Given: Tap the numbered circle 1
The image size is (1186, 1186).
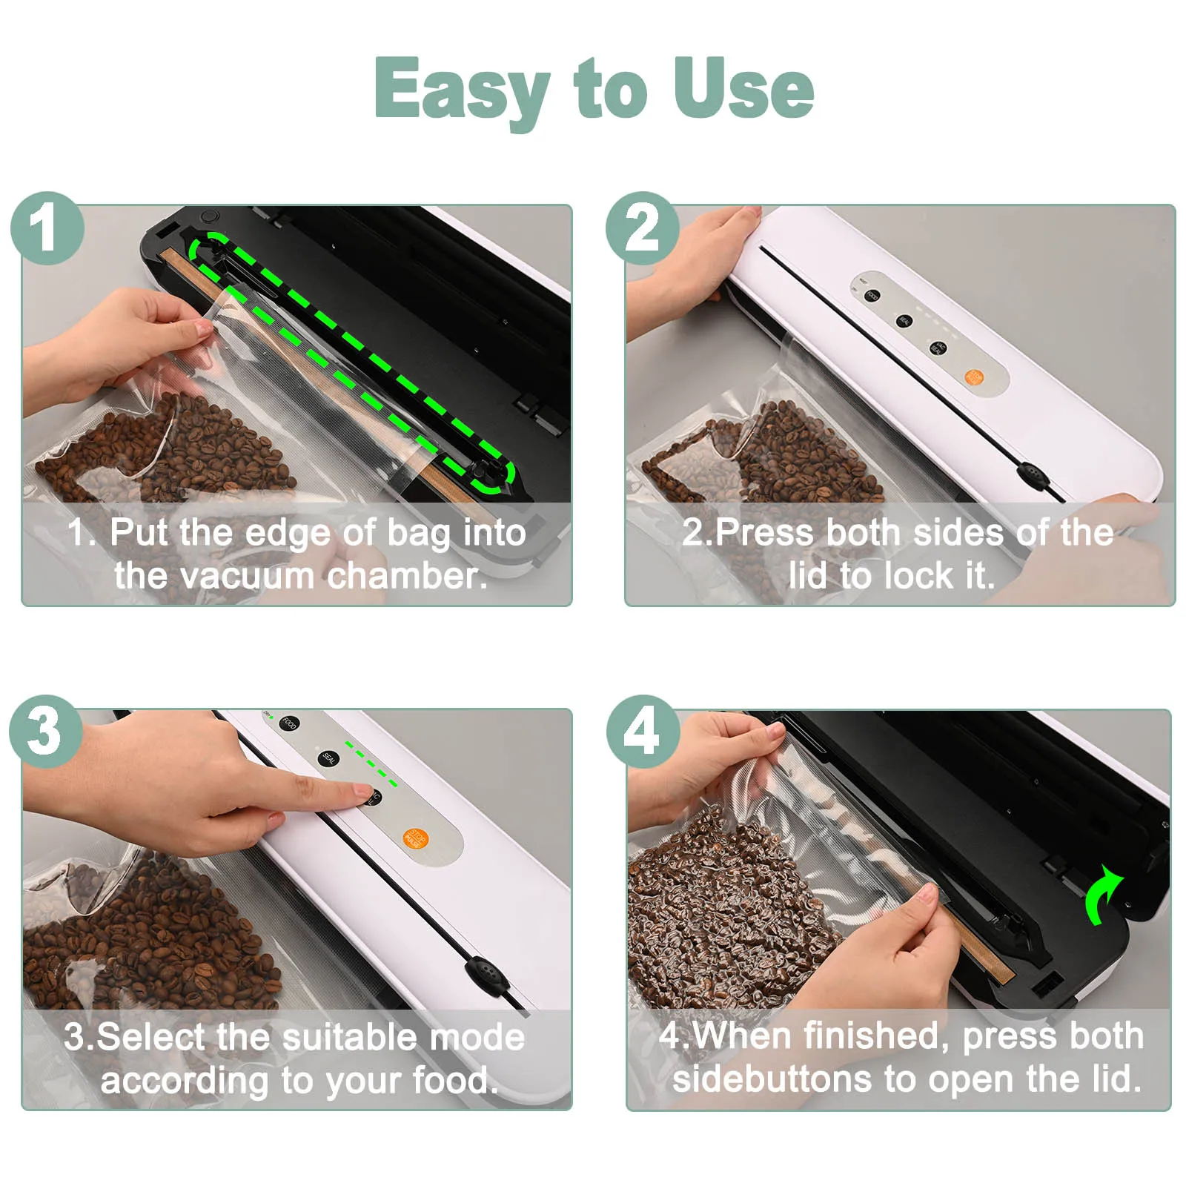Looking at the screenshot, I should (x=47, y=228).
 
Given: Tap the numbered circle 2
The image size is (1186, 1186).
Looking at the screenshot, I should (x=642, y=228).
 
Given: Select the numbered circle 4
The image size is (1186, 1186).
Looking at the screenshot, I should (x=642, y=732).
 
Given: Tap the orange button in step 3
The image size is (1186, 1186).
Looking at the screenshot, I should (x=415, y=838).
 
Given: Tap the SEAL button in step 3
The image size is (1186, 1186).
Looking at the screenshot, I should (x=328, y=758).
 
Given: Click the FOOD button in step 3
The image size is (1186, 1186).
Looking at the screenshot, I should (x=289, y=723).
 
